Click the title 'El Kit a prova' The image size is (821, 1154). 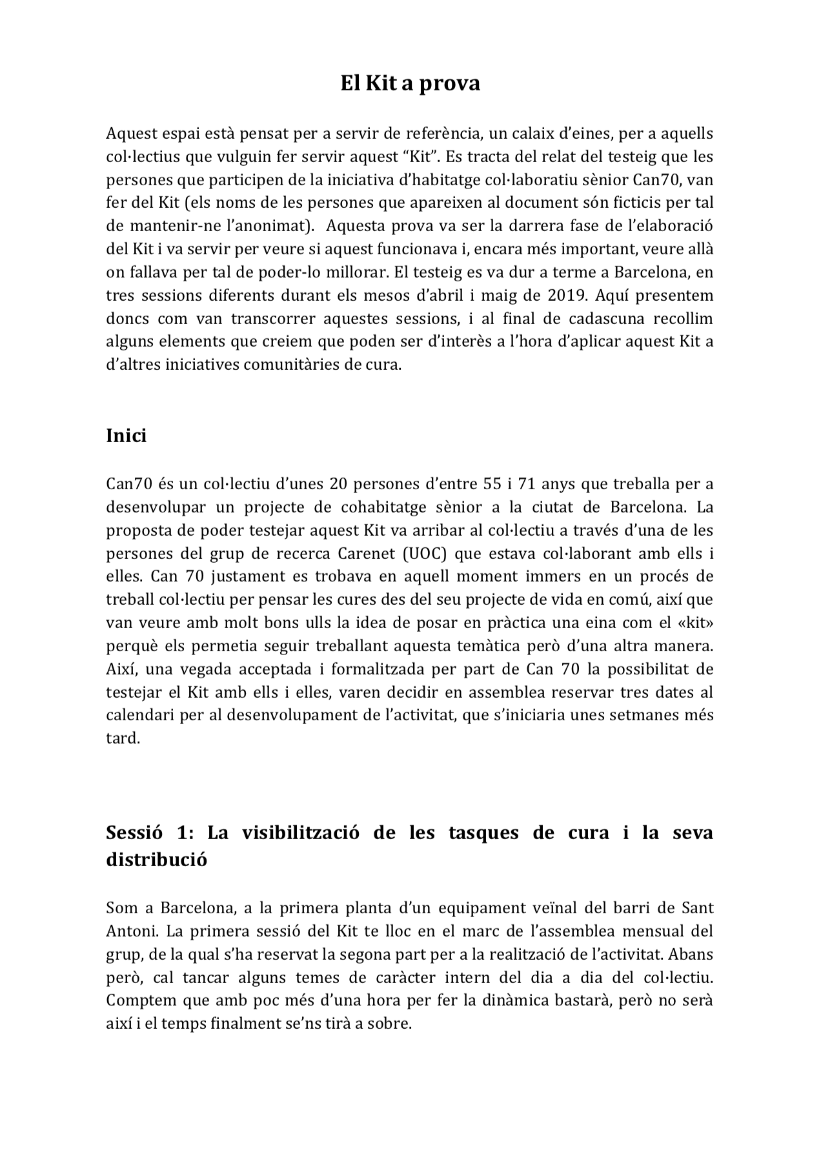point(410,83)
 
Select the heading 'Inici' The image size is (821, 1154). point(126,436)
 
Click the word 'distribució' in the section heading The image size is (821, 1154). point(156,860)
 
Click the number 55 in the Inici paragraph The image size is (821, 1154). point(492,484)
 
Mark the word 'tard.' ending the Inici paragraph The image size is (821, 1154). point(123,738)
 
